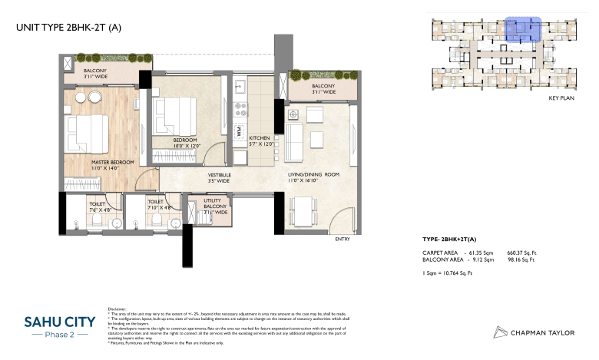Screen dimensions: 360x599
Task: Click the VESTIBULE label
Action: click(x=219, y=176)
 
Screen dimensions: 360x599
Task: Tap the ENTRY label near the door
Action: click(x=343, y=239)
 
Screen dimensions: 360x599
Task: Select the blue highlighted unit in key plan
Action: click(x=524, y=29)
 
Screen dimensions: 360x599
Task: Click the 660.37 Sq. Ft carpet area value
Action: click(x=522, y=252)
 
